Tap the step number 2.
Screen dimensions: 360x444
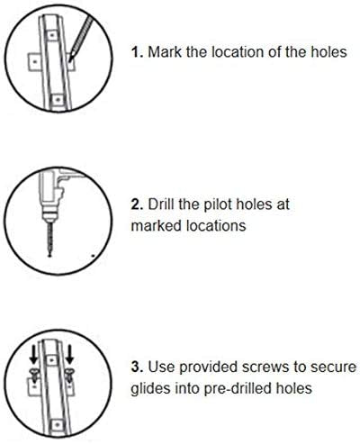point(137,204)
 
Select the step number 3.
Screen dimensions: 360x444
point(137,367)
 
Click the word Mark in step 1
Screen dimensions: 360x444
point(165,52)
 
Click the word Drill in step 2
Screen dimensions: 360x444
point(161,204)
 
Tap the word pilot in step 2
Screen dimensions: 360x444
point(219,205)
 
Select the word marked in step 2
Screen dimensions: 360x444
point(157,226)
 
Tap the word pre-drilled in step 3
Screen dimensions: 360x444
point(232,388)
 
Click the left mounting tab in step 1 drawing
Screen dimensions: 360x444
point(34,62)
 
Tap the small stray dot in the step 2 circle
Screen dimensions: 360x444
point(93,256)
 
